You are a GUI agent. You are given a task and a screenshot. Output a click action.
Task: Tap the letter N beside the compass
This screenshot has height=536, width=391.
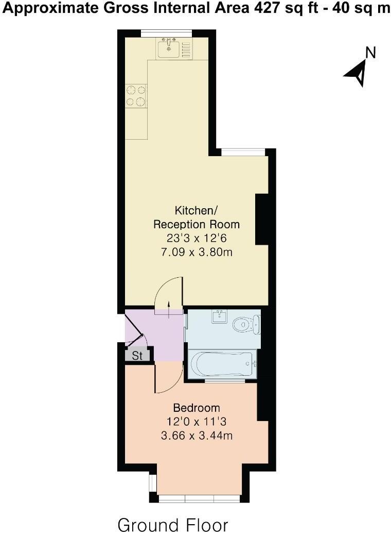point(370,52)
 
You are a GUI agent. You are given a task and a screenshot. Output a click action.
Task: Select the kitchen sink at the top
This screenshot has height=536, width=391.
point(168,48)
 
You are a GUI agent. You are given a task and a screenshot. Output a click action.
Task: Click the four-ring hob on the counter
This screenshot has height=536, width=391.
point(136,96)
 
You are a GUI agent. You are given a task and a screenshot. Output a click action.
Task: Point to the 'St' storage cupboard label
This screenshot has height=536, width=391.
point(137,356)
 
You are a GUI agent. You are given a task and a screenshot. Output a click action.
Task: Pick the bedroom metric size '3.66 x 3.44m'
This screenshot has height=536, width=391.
point(197,436)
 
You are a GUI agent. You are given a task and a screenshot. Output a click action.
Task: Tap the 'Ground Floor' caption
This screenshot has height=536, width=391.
point(173,525)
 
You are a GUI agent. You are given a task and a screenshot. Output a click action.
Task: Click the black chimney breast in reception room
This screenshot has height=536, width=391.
point(262,219)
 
